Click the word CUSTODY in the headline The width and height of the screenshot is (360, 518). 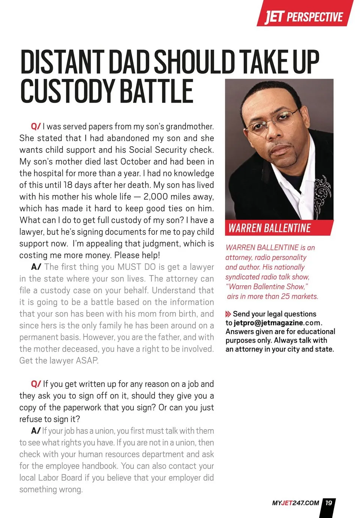67,91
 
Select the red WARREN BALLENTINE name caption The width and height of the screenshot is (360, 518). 270,228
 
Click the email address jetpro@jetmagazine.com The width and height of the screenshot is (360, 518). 277,323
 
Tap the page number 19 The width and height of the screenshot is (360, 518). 328,503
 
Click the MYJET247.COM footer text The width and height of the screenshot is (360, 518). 295,503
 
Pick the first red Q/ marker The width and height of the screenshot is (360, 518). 36,126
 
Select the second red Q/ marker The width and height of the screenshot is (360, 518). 36,384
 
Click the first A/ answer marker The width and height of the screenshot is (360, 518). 36,267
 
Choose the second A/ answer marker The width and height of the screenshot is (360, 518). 36,431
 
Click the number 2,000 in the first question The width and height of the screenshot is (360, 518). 155,197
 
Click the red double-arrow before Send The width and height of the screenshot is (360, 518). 228,314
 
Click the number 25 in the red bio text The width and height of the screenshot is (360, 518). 285,296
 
